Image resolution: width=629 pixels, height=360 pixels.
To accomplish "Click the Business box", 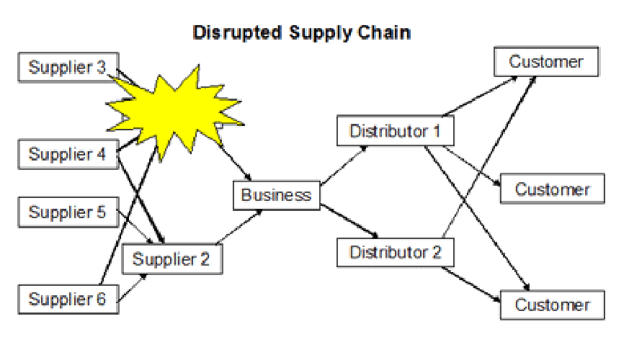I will (276, 195).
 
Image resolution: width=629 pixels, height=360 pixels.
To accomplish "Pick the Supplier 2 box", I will (171, 259).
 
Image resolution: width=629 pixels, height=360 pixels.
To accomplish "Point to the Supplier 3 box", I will (67, 68).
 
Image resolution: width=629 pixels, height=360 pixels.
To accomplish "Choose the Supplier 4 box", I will (67, 154).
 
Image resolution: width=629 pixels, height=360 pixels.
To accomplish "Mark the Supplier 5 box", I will (67, 212).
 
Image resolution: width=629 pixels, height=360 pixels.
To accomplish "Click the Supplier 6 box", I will (67, 299).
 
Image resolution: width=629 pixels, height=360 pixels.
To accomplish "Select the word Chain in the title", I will (389, 33).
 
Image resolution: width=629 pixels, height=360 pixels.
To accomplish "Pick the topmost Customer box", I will (545, 62).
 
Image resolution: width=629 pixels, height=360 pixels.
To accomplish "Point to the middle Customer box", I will (552, 190).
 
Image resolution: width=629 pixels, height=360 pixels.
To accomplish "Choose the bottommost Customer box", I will (552, 305).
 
